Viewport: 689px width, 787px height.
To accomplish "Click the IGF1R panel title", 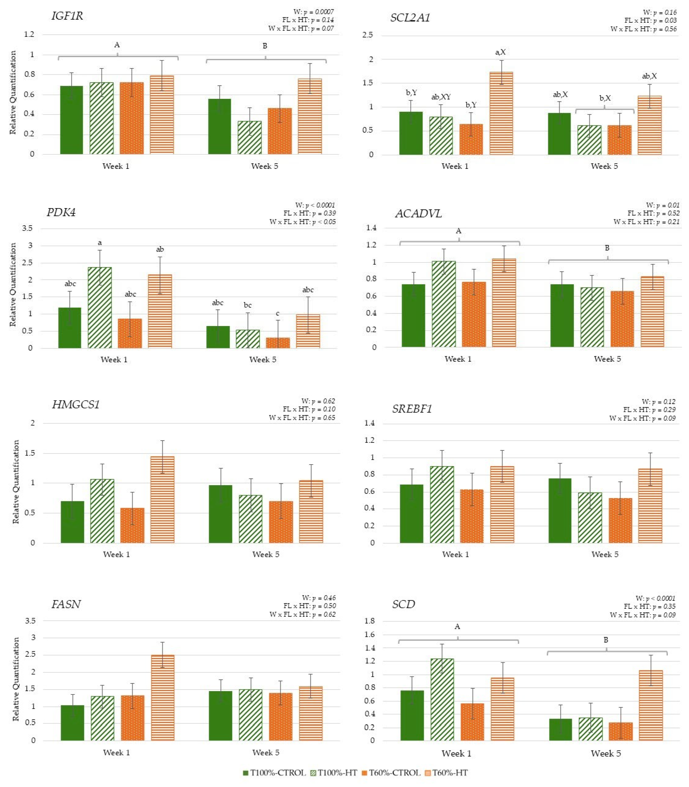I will [67, 16].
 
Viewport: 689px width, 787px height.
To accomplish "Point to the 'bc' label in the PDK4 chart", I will [248, 305].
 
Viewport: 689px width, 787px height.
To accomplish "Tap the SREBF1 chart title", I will [412, 409].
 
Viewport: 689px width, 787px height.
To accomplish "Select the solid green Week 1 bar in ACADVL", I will [413, 316].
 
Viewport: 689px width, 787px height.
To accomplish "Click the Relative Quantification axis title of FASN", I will [16, 680].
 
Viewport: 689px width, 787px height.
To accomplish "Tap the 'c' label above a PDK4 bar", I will [278, 314].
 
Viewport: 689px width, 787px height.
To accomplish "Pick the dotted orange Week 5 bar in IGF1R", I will [280, 131].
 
